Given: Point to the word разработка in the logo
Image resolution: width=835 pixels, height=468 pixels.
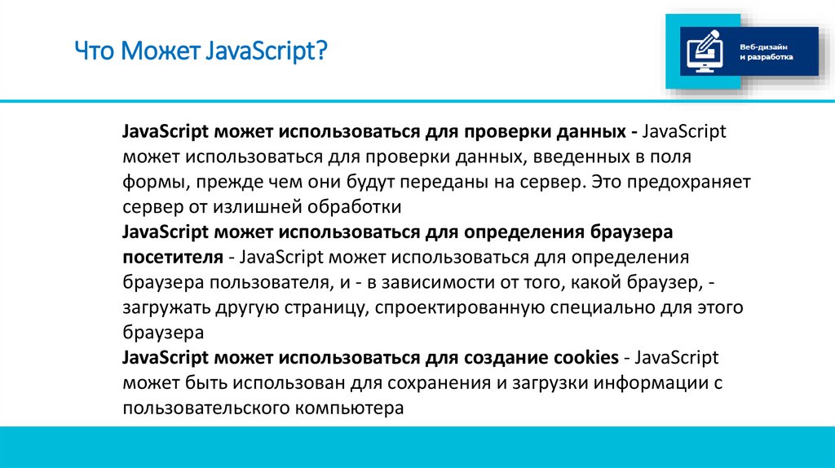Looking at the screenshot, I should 770,59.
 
